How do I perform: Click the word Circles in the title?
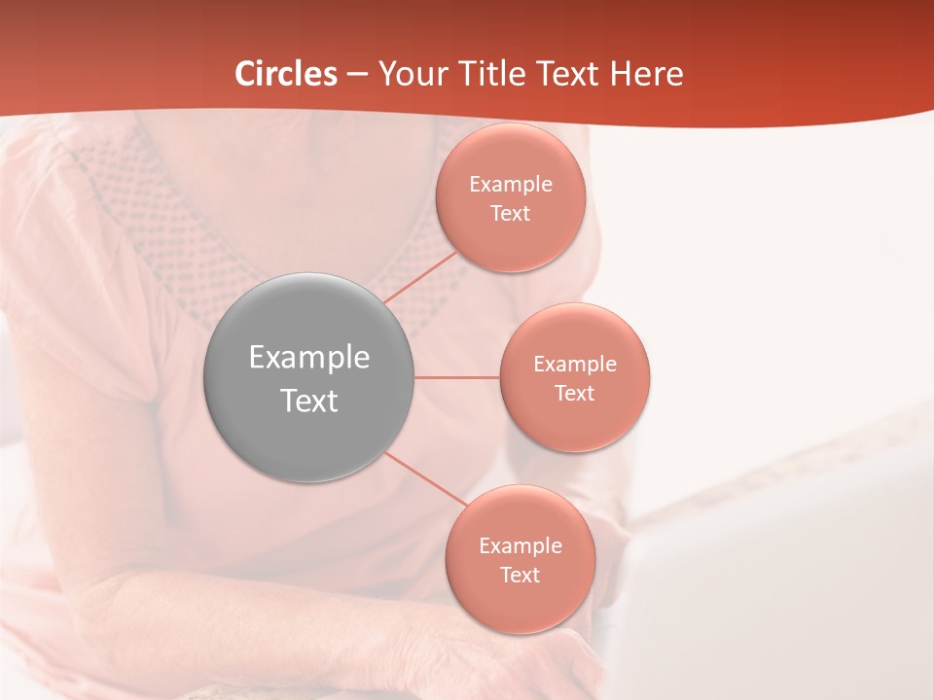[x=285, y=74]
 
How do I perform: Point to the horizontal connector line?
[x=457, y=377]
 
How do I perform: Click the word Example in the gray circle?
[x=309, y=358]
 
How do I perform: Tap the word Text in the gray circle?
[x=309, y=401]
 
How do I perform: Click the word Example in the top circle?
[x=511, y=185]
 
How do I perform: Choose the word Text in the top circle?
[x=511, y=214]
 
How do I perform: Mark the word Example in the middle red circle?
[x=575, y=365]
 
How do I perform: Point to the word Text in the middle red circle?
[x=575, y=394]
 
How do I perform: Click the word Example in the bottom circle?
[x=521, y=546]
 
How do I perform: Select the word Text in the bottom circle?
[x=521, y=576]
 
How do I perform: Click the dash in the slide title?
[x=357, y=75]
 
